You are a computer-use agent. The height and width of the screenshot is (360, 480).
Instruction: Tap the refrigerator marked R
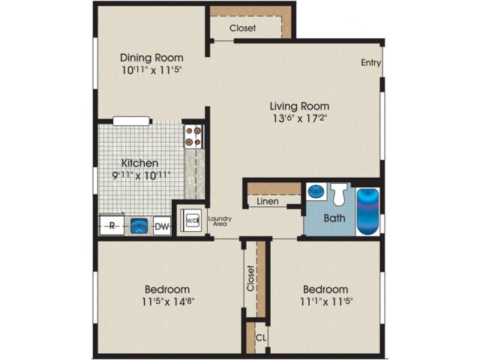tap(112, 225)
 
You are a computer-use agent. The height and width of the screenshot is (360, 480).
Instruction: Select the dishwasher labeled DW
tap(161, 225)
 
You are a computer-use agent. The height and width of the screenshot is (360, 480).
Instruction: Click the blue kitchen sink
tap(137, 225)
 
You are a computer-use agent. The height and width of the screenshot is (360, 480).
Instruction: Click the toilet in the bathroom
tap(339, 195)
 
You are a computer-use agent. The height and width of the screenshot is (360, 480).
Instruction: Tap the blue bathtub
tap(367, 207)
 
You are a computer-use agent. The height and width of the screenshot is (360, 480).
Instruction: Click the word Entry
tap(370, 63)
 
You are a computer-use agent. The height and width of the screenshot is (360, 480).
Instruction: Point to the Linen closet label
tap(266, 202)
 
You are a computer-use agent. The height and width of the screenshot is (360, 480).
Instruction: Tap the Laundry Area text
tap(220, 221)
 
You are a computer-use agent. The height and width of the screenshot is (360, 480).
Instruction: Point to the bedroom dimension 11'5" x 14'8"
tap(166, 302)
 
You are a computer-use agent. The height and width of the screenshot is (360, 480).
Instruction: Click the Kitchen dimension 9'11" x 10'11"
tap(140, 175)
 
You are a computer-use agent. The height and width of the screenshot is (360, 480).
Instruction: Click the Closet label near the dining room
tap(242, 28)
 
